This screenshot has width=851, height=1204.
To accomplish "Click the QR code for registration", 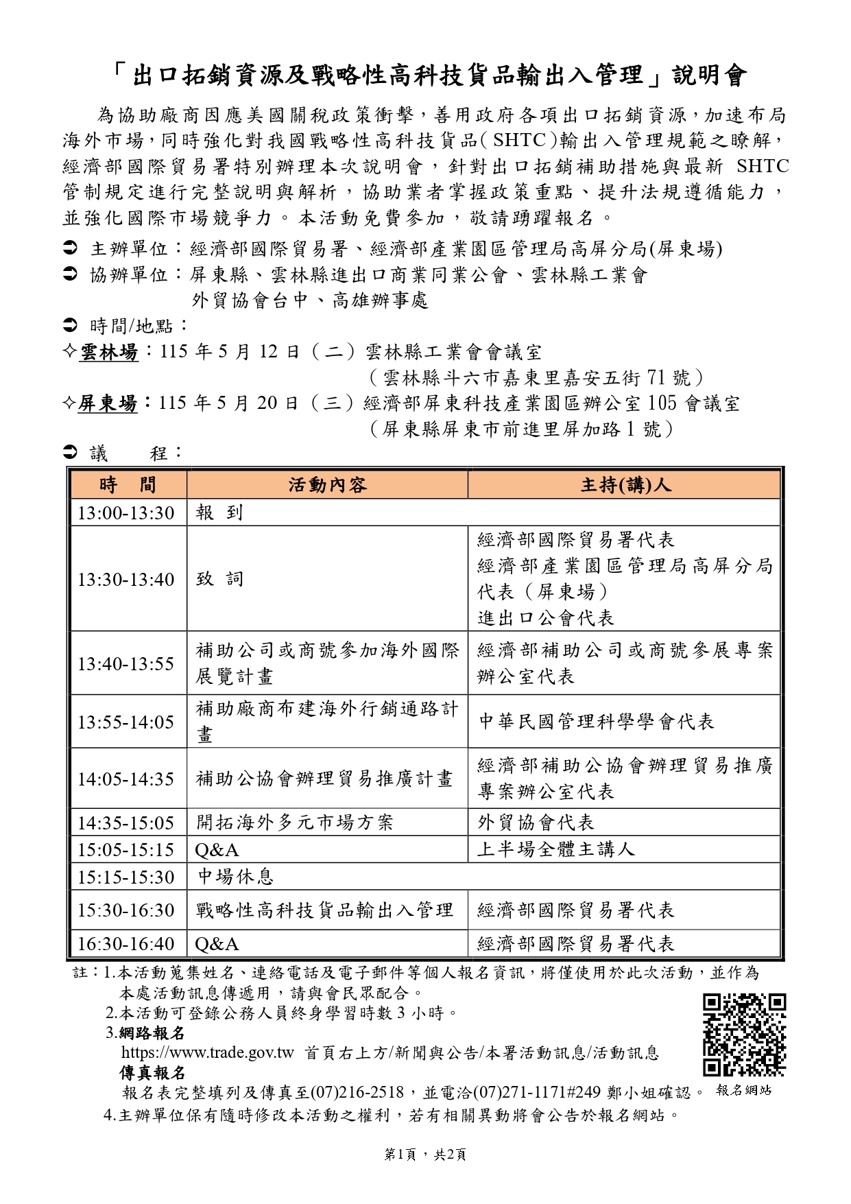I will point(744,1035).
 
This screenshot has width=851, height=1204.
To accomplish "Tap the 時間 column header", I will point(128,485).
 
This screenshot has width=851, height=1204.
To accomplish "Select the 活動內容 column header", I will point(327,485).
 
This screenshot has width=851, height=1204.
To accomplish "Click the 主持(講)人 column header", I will point(624,485).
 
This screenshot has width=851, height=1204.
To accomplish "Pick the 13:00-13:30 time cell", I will point(126,513).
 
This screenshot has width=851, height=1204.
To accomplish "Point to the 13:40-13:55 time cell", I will point(126,663).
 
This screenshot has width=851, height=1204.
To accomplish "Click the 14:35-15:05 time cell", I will point(126,823).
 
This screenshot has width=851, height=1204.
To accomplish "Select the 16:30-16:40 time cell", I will point(126,944).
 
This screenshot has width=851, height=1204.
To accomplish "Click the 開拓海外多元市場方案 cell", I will point(295,823).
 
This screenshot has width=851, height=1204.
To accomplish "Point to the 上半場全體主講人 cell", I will point(556,849).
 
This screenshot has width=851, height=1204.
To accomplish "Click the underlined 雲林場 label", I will point(109,353).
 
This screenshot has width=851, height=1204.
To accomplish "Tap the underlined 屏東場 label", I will point(108,403).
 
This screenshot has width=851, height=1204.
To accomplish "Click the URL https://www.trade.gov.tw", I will point(207,1053).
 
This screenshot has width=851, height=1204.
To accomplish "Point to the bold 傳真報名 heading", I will point(152,1072).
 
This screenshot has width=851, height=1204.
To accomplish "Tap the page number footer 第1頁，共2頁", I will point(425,1155).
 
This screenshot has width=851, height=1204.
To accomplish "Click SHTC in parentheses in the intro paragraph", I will point(519,141).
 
